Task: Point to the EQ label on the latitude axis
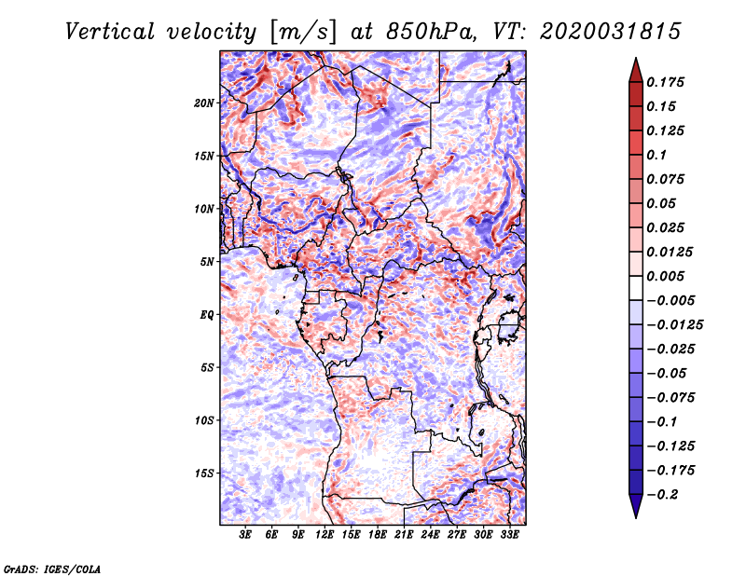click(207, 314)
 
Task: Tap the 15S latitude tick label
click(205, 473)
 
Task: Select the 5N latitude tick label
click(207, 261)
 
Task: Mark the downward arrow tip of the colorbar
click(635, 514)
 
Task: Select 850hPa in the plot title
click(420, 31)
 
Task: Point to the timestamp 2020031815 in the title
click(596, 31)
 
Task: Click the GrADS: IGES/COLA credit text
click(51, 567)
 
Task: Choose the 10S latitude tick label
click(205, 419)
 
